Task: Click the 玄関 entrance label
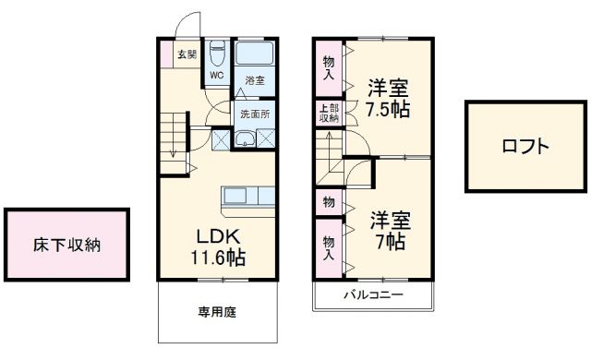[187, 54]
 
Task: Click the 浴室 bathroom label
[254, 81]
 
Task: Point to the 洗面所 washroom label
[255, 114]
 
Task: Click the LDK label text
[217, 233]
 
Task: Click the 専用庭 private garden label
[217, 312]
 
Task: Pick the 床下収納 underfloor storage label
[67, 246]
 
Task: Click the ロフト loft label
[525, 146]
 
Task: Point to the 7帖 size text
[389, 242]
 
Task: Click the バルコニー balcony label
[373, 295]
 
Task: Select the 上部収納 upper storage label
[329, 114]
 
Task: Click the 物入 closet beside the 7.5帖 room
[329, 68]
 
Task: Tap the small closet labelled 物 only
[329, 201]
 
